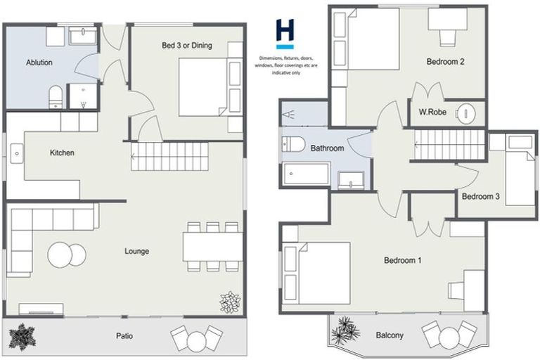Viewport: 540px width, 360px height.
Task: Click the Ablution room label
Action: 39,63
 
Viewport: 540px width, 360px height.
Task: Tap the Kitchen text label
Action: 62,153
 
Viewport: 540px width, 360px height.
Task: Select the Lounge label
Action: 136,251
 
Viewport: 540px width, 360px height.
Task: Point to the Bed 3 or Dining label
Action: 186,46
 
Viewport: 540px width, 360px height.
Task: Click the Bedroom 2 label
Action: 445,62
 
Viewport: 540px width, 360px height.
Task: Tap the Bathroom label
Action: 327,148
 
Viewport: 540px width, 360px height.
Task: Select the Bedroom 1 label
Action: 402,260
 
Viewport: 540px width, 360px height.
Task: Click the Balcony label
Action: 390,336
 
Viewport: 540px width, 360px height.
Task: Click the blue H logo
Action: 285,32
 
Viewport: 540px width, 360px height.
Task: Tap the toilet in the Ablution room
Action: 56,97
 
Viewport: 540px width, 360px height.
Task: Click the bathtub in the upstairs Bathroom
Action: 306,174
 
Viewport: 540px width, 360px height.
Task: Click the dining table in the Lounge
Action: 212,247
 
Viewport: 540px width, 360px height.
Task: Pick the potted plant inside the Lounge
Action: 230,302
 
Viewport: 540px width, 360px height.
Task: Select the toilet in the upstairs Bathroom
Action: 293,145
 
